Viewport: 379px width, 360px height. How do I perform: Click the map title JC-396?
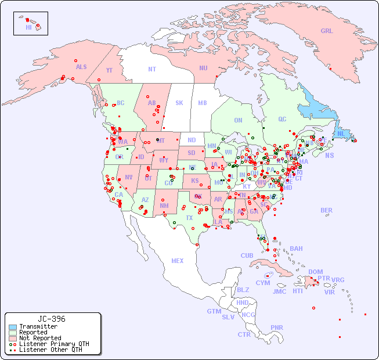pyautogui.click(x=52, y=319)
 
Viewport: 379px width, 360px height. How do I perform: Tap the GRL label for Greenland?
pyautogui.click(x=327, y=31)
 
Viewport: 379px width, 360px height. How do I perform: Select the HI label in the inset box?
pyautogui.click(x=28, y=27)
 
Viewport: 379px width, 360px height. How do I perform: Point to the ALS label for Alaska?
pyautogui.click(x=81, y=67)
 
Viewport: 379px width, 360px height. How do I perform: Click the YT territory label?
pyautogui.click(x=109, y=70)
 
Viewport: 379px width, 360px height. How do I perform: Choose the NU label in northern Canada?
pyautogui.click(x=203, y=68)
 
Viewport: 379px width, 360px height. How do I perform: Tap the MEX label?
pyautogui.click(x=178, y=261)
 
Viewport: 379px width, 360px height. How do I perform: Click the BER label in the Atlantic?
pyautogui.click(x=327, y=210)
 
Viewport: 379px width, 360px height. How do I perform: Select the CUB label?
pyautogui.click(x=247, y=255)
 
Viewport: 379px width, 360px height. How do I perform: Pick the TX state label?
pyautogui.click(x=189, y=218)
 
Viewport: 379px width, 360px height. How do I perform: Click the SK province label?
pyautogui.click(x=179, y=103)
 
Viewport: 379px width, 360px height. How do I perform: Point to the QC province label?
pyautogui.click(x=282, y=119)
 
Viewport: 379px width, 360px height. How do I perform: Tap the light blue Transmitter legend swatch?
pyautogui.click(x=13, y=327)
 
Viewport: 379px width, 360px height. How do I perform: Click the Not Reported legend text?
pyautogui.click(x=40, y=338)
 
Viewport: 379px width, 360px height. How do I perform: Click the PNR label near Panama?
pyautogui.click(x=277, y=327)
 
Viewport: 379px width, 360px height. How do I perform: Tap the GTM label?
pyautogui.click(x=214, y=311)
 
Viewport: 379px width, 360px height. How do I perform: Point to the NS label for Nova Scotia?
pyautogui.click(x=329, y=155)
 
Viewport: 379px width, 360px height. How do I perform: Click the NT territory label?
pyautogui.click(x=152, y=69)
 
